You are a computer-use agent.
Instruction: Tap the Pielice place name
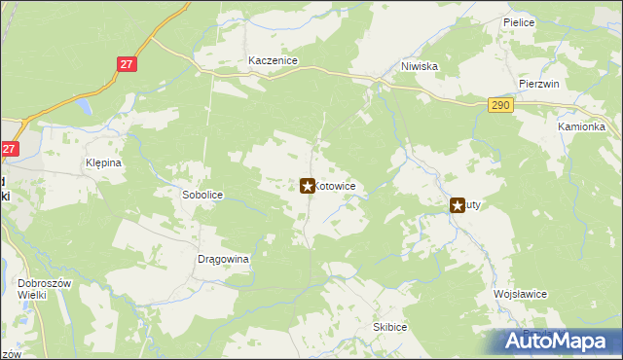[519, 21]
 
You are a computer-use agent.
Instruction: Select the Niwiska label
[420, 67]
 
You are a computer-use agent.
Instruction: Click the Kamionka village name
[581, 127]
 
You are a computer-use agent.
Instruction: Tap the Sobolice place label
[202, 195]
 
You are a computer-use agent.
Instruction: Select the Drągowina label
[224, 260]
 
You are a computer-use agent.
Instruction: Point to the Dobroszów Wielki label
[39, 289]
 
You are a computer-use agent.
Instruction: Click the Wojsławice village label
[521, 294]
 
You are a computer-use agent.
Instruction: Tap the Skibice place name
[388, 327]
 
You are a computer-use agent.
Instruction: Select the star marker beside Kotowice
[308, 185]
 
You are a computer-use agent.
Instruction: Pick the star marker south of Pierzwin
[457, 205]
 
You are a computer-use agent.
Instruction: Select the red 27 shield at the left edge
[10, 149]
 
